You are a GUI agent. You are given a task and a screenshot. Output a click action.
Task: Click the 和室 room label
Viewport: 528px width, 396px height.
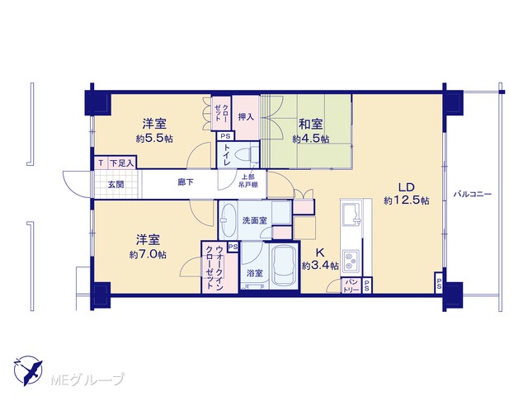[311, 125]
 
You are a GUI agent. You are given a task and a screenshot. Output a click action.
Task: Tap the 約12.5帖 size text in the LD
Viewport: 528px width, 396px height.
[407, 200]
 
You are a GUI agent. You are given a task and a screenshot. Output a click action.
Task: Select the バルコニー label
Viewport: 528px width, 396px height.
[473, 195]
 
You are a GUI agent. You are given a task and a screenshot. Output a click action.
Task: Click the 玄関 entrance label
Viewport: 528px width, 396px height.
[115, 185]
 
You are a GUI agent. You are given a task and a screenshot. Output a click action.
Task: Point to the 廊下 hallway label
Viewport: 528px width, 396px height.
[186, 182]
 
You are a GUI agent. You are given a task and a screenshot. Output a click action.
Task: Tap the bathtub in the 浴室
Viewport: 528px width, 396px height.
[285, 266]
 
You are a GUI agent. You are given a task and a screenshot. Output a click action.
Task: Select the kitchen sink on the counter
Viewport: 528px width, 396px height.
[351, 214]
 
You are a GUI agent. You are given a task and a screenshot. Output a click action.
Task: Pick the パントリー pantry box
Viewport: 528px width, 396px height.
[351, 285]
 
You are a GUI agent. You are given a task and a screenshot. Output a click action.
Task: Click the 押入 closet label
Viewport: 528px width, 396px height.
[246, 117]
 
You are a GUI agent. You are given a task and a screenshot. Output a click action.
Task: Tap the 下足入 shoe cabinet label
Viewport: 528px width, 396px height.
[122, 163]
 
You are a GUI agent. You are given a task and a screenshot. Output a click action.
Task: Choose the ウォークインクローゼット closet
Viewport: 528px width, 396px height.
[214, 266]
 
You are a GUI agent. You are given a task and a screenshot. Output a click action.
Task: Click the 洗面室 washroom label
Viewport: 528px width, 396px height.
[255, 220]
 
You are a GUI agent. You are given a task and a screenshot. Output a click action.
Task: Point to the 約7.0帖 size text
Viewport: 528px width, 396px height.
[148, 254]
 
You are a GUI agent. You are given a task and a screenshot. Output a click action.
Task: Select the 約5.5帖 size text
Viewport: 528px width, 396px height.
[154, 139]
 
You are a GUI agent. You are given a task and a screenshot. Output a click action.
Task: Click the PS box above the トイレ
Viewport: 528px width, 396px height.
[225, 136]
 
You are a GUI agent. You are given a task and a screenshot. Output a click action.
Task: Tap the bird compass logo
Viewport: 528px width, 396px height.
[28, 370]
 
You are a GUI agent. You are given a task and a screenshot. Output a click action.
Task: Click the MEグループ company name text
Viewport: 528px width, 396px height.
[87, 379]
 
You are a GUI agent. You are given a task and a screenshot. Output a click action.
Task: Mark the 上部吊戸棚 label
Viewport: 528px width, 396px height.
[248, 181]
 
